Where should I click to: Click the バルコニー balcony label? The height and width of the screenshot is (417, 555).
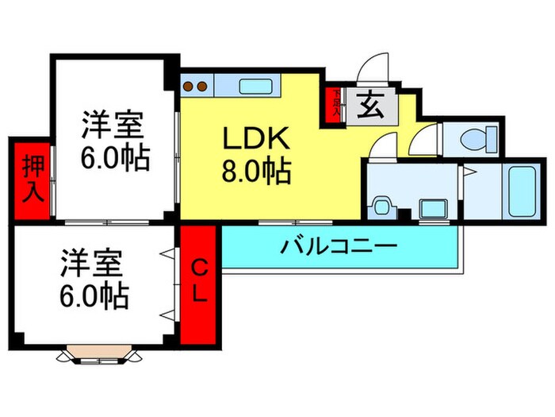pos(339,247)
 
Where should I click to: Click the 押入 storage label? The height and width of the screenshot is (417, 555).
pos(31,180)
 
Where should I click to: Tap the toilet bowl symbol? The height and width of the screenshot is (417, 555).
pos(473,140)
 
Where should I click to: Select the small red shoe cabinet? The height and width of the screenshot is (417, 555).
pos(336,105)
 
